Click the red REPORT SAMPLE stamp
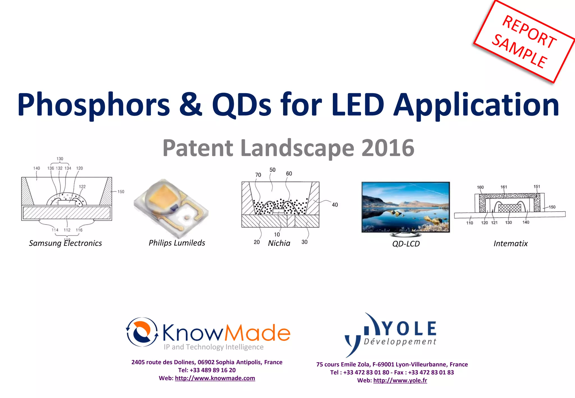click(524, 42)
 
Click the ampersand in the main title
click(191, 104)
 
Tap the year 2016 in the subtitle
click(388, 148)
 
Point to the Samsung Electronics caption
click(65, 243)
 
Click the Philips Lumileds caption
click(177, 243)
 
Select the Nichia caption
click(279, 243)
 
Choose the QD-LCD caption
click(406, 244)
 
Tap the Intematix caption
click(510, 243)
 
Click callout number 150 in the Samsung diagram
click(121, 192)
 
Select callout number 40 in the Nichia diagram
click(335, 205)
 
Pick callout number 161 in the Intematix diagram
click(504, 187)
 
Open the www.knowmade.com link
click(215, 378)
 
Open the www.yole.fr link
click(400, 380)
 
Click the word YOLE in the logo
click(409, 329)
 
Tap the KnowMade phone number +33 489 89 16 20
click(213, 370)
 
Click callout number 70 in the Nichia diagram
click(258, 175)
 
